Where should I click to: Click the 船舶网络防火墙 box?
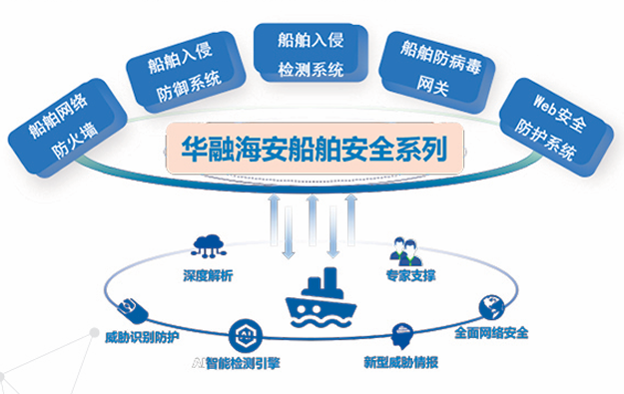coord(68,128)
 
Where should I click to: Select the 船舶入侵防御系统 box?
coord(186,72)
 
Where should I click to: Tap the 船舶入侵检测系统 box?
coord(311,53)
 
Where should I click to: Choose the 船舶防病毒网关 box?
coord(437,72)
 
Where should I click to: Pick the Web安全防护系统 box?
coord(556,128)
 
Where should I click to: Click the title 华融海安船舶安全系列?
coord(314,149)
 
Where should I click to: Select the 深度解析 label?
coord(208,275)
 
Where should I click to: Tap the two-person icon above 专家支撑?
coord(406,251)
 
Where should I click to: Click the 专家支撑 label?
coord(410,275)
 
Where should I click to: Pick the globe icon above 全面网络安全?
coord(491,307)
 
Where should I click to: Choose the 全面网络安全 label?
coord(491,333)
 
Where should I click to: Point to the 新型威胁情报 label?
coord(401,362)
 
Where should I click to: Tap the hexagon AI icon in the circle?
coord(246,335)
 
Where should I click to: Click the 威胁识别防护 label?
coord(142,337)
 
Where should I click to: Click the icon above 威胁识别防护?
coord(133,310)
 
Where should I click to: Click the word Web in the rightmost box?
coord(544,105)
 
